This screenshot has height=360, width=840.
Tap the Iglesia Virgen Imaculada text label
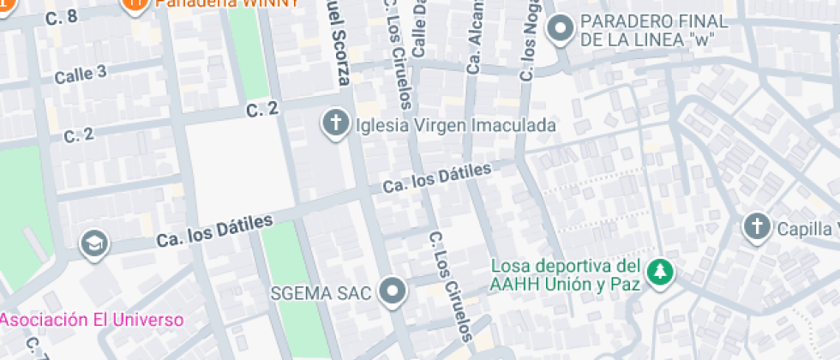coord(455,125)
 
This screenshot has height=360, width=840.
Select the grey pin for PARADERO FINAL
coord(561,30)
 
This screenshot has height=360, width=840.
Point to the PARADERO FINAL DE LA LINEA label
coord(654,31)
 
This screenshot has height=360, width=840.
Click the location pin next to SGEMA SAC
coord(393,292)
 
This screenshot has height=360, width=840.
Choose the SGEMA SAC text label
coord(321,292)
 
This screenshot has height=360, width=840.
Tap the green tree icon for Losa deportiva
coord(660,273)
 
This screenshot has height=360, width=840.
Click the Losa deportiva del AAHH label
coord(566,273)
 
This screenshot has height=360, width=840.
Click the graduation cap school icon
coord(93,244)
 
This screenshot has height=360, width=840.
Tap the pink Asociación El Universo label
coord(93,321)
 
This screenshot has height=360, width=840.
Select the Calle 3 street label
coord(81,74)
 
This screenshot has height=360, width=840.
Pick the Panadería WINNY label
coord(226,3)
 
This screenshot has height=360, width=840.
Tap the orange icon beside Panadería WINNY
coord(133,4)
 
